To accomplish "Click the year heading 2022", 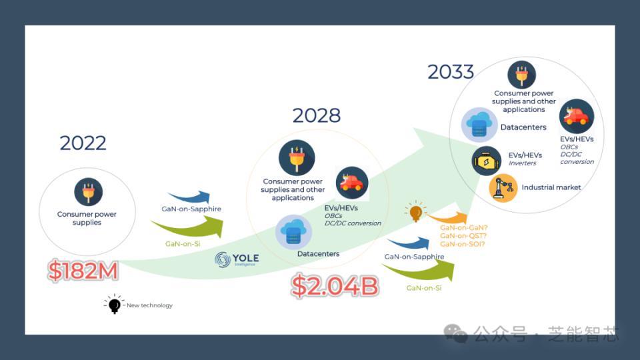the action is coord(83,143).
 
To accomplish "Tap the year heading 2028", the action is coord(316,115).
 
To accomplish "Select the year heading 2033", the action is coord(451,72).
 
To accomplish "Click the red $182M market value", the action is coord(83,270).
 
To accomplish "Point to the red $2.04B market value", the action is coord(335,285).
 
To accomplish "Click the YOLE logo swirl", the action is coord(223,259).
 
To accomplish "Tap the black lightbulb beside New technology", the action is coord(114,304).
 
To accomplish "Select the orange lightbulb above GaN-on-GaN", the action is coord(415,211).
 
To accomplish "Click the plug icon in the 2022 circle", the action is coord(88,192).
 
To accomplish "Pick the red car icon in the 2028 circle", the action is coord(352,183).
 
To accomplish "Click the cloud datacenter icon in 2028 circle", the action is coord(293,232).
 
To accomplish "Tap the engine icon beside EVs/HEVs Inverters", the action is coord(486,161).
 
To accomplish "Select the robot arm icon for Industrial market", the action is coord(503,188).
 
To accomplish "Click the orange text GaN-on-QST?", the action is coord(463,236).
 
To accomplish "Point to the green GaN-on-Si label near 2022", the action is coord(183,244).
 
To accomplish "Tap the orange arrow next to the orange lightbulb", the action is coord(448,218).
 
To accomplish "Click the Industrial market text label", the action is coord(551,187).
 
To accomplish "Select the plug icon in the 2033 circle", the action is coord(521,75).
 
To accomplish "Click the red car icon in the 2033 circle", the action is coord(576,116).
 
